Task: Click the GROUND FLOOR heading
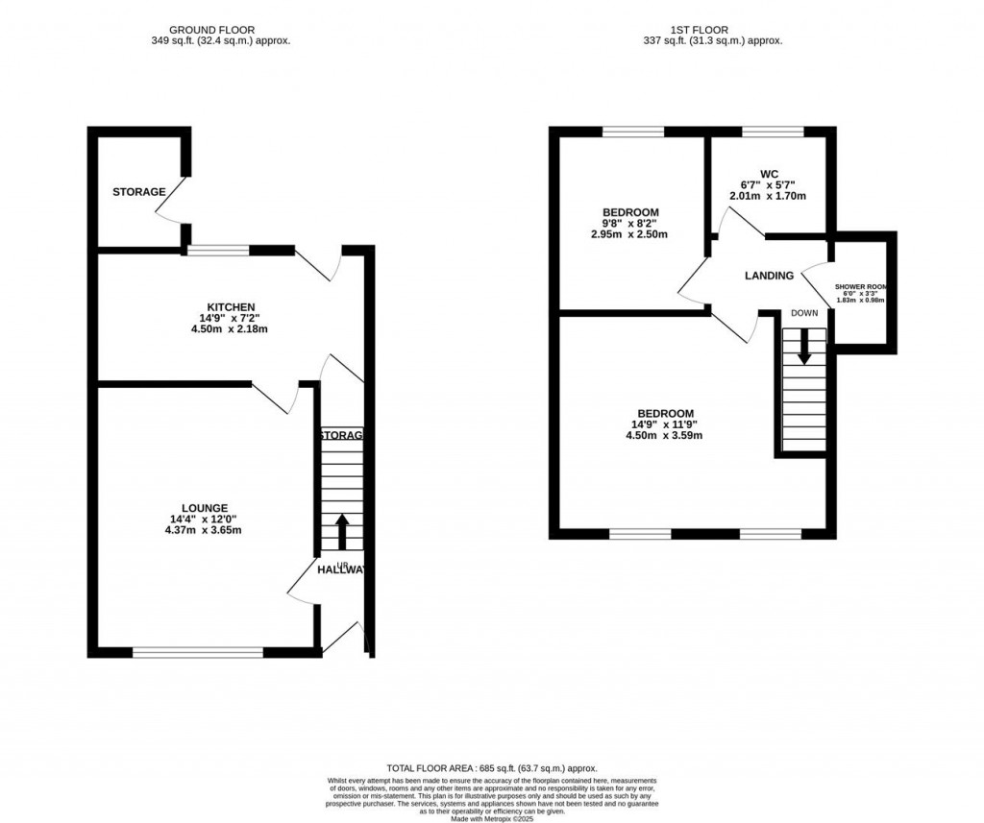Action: point(211,30)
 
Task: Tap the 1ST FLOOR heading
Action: point(711,30)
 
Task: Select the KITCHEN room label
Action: point(229,306)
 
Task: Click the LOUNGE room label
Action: point(206,508)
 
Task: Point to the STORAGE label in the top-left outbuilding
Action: point(138,192)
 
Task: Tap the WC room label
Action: point(768,174)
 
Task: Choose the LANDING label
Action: point(770,276)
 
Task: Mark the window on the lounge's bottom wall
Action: point(198,653)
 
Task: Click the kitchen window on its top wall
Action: point(219,251)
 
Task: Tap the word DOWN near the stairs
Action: point(804,313)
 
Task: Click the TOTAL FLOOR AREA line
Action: point(492,768)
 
